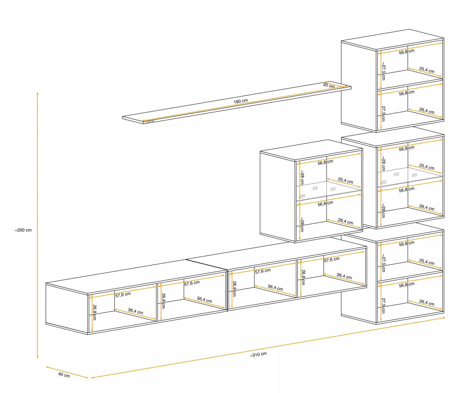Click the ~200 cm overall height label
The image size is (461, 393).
pyautogui.click(x=23, y=230)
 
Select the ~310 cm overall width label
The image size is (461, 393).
pyautogui.click(x=258, y=354)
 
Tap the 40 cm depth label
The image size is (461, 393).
pyautogui.click(x=64, y=375)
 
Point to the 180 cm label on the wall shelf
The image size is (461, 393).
pyautogui.click(x=241, y=101)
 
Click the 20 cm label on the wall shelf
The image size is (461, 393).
pyautogui.click(x=329, y=85)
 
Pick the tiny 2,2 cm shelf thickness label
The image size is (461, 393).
pyautogui.click(x=151, y=121)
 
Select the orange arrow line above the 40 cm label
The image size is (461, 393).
pyautogui.click(x=67, y=372)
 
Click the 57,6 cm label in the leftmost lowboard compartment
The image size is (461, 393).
pyautogui.click(x=123, y=295)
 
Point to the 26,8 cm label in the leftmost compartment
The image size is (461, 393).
pyautogui.click(x=95, y=312)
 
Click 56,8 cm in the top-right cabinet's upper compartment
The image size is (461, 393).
pyautogui.click(x=407, y=52)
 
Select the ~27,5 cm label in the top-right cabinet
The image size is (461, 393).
pyautogui.click(x=383, y=71)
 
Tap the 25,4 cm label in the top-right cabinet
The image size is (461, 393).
pyautogui.click(x=427, y=70)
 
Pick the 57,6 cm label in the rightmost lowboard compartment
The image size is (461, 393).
pyautogui.click(x=332, y=260)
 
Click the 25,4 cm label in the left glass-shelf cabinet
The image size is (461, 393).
pyautogui.click(x=345, y=181)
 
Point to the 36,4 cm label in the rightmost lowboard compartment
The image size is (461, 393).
pyautogui.click(x=344, y=276)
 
